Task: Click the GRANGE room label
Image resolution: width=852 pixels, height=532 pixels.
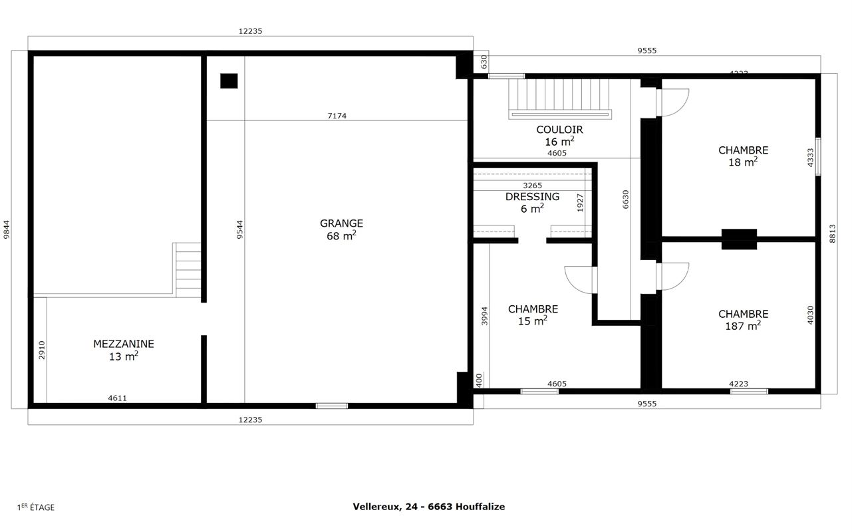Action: click(341, 229)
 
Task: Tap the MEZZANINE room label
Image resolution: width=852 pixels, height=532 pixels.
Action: click(123, 350)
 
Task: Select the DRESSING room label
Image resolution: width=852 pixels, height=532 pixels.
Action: click(532, 202)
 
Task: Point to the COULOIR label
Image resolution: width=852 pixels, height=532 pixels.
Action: click(559, 136)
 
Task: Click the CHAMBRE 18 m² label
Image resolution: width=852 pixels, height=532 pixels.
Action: click(743, 156)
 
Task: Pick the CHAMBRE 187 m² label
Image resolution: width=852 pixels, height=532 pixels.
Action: click(743, 320)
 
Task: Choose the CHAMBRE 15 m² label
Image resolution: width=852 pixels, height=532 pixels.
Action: click(533, 315)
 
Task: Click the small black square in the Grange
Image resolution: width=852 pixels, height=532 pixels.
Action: click(229, 81)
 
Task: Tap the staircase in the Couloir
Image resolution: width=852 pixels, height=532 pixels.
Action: click(559, 98)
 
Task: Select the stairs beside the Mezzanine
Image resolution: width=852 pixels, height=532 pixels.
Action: click(188, 269)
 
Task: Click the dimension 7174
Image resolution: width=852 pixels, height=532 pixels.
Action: click(337, 116)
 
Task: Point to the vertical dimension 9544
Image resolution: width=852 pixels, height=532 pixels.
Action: click(240, 229)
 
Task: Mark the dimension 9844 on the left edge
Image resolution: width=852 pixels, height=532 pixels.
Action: click(7, 229)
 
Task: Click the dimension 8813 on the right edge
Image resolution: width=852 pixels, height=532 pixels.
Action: click(832, 233)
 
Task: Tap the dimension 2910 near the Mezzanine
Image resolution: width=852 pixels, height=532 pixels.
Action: click(41, 350)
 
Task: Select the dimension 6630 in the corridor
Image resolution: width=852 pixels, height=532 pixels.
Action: click(625, 199)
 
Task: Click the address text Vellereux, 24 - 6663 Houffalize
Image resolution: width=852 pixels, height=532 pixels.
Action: click(428, 507)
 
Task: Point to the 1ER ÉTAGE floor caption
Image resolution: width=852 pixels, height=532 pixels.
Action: click(36, 507)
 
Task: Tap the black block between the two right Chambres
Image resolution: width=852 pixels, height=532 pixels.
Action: click(739, 239)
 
